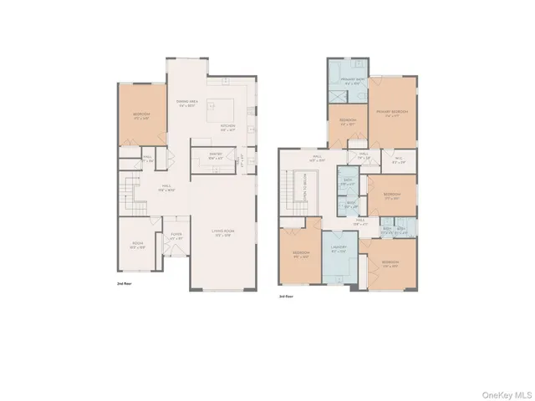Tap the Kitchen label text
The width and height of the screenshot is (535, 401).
(x=227, y=128)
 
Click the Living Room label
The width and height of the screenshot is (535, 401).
(x=222, y=234)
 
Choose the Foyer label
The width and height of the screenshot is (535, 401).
(x=176, y=236)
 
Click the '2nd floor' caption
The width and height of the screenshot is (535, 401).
(x=125, y=285)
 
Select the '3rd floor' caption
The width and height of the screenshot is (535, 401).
(x=286, y=295)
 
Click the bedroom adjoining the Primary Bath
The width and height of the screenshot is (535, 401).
(x=347, y=123)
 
